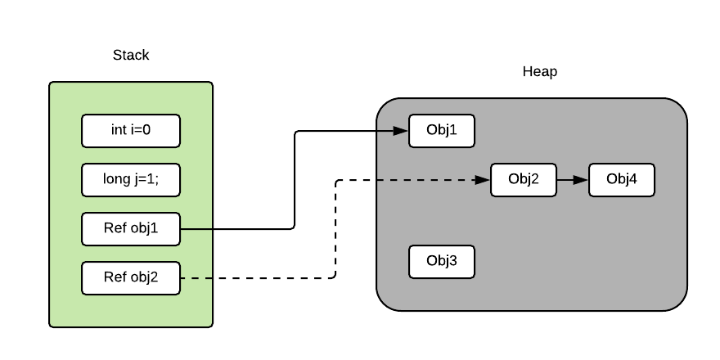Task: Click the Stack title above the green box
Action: pos(131,56)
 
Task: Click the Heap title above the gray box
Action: pos(539,72)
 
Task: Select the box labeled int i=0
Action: pos(131,131)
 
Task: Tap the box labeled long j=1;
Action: pos(131,180)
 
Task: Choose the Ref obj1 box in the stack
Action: pos(131,229)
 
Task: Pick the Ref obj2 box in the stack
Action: pos(131,278)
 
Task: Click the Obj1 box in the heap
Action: pos(442,131)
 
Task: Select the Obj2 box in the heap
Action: pos(524,180)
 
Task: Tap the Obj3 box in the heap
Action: pos(442,262)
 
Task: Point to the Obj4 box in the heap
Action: pos(622,180)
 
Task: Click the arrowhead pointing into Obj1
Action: pos(402,131)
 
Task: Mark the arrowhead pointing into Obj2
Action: pos(484,180)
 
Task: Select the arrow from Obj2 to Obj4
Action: pos(573,180)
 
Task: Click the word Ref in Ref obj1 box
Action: pos(115,229)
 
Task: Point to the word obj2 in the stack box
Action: pos(144,278)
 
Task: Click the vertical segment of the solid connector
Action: pos(295,180)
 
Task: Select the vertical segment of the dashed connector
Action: pos(335,229)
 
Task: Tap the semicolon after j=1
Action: pos(157,181)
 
